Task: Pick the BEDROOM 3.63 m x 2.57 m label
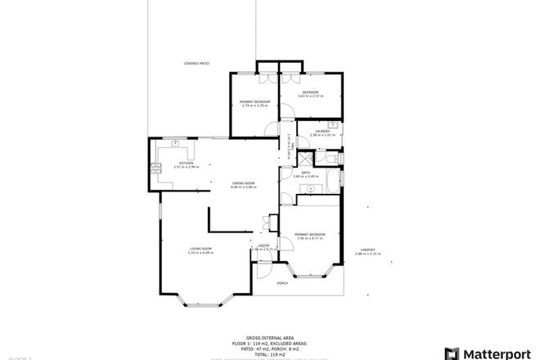tap(310, 92)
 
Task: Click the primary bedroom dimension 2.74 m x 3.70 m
tap(255, 106)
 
